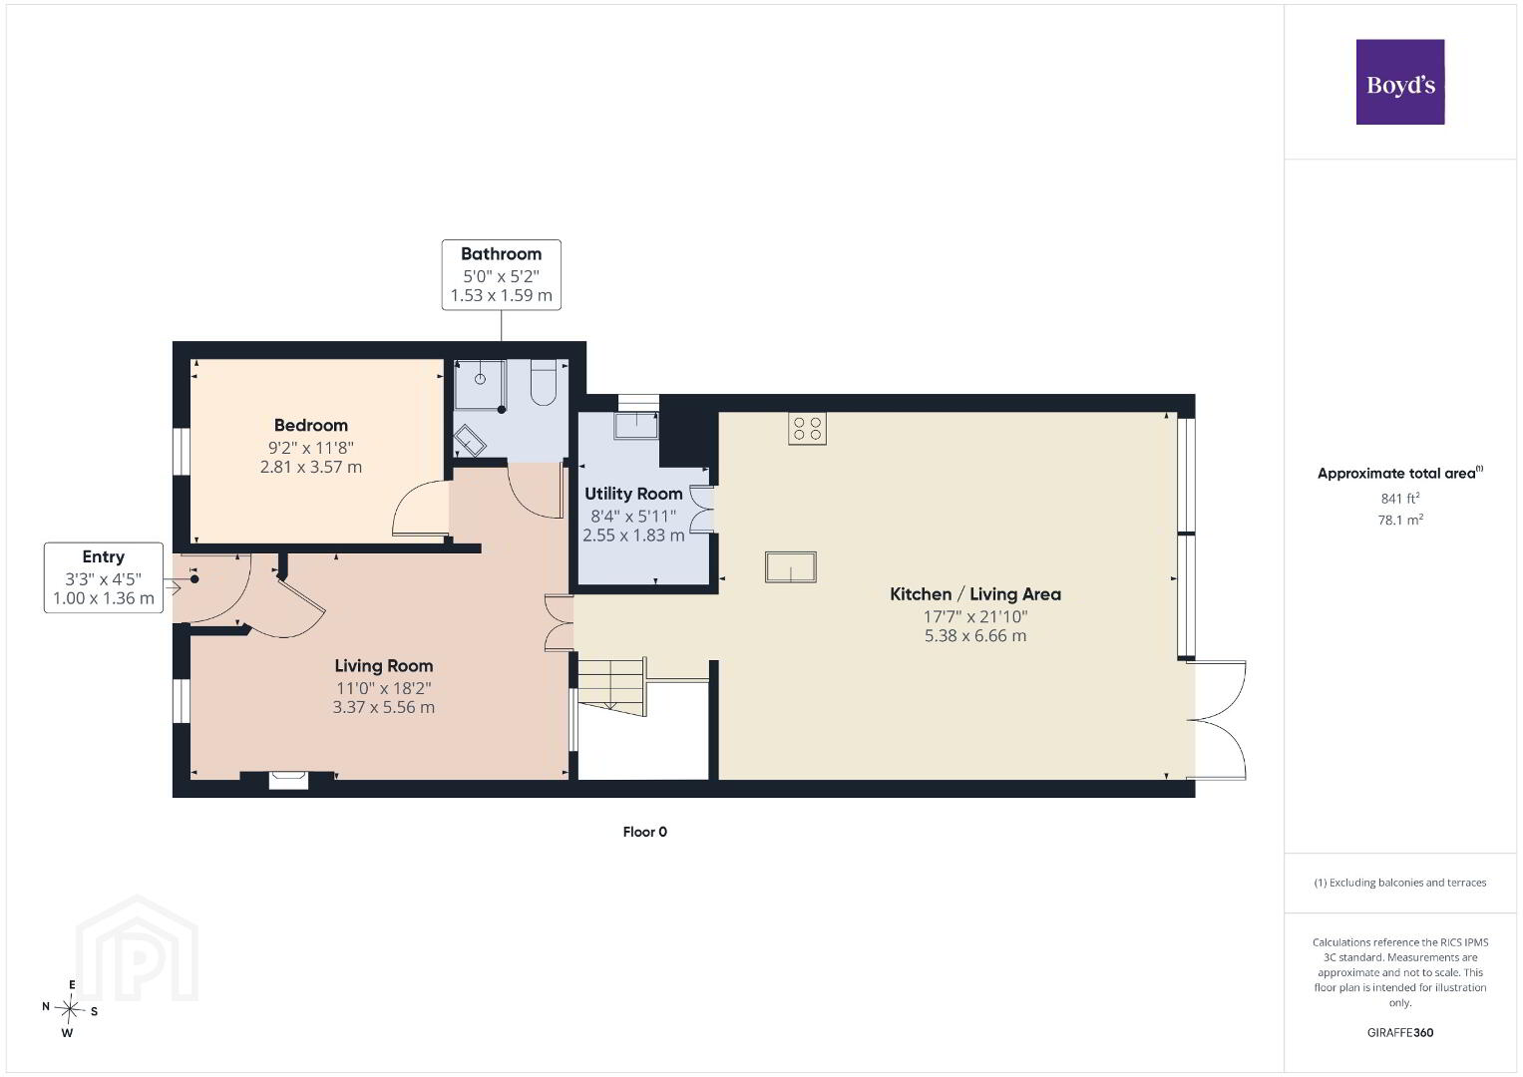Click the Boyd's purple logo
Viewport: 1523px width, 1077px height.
tap(1400, 82)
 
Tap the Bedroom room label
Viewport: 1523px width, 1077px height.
tap(311, 425)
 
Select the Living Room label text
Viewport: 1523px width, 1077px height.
tap(383, 666)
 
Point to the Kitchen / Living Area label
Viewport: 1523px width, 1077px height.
tap(975, 594)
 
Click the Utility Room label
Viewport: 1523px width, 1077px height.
tap(633, 494)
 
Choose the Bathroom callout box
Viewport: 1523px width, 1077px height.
tap(501, 274)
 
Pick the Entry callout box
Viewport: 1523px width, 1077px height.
tap(104, 577)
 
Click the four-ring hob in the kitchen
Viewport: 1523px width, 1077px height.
tap(807, 429)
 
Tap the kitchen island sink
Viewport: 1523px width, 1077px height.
tap(790, 567)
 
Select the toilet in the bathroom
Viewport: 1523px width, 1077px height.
tap(544, 383)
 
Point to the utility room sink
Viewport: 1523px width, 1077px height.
tap(635, 425)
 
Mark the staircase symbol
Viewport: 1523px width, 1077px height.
tap(611, 686)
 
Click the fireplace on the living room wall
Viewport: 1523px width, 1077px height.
tap(288, 780)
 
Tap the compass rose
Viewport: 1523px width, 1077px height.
tap(70, 1009)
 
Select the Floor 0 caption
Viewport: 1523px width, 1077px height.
tap(644, 832)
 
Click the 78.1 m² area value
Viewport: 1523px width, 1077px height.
tap(1400, 520)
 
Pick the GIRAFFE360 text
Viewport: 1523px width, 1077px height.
tap(1400, 1032)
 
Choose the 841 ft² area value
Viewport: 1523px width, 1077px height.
tap(1400, 498)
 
